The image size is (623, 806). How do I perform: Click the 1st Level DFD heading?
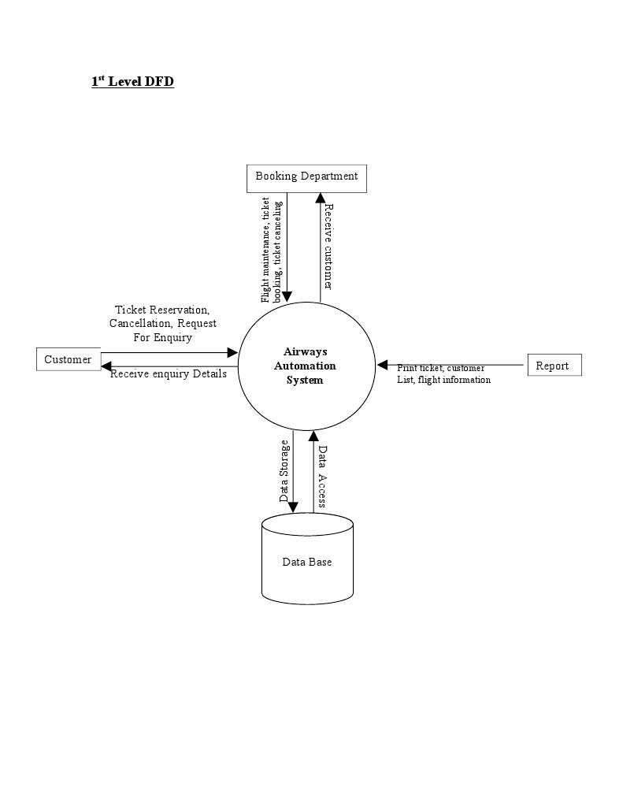pos(132,81)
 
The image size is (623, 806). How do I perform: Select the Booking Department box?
pos(306,176)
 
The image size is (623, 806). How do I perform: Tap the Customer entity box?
pos(68,360)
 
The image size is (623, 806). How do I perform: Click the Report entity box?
pos(553,366)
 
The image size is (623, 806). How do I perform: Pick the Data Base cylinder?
pos(307,562)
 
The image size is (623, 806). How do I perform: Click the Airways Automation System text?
pos(305,366)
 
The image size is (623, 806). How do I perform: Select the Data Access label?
pos(322,477)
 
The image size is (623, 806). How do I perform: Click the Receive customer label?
pos(328,247)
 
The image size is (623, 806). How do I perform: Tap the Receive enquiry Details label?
pos(169,374)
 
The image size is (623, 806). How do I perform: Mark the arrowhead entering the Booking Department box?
pos(320,199)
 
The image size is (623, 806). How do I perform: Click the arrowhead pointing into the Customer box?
pos(106,365)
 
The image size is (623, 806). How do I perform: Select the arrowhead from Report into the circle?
pos(383,365)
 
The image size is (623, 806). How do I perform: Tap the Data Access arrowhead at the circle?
pos(313,436)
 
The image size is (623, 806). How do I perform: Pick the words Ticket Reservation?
pos(162,310)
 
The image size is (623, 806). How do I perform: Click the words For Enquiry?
pos(162,337)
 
